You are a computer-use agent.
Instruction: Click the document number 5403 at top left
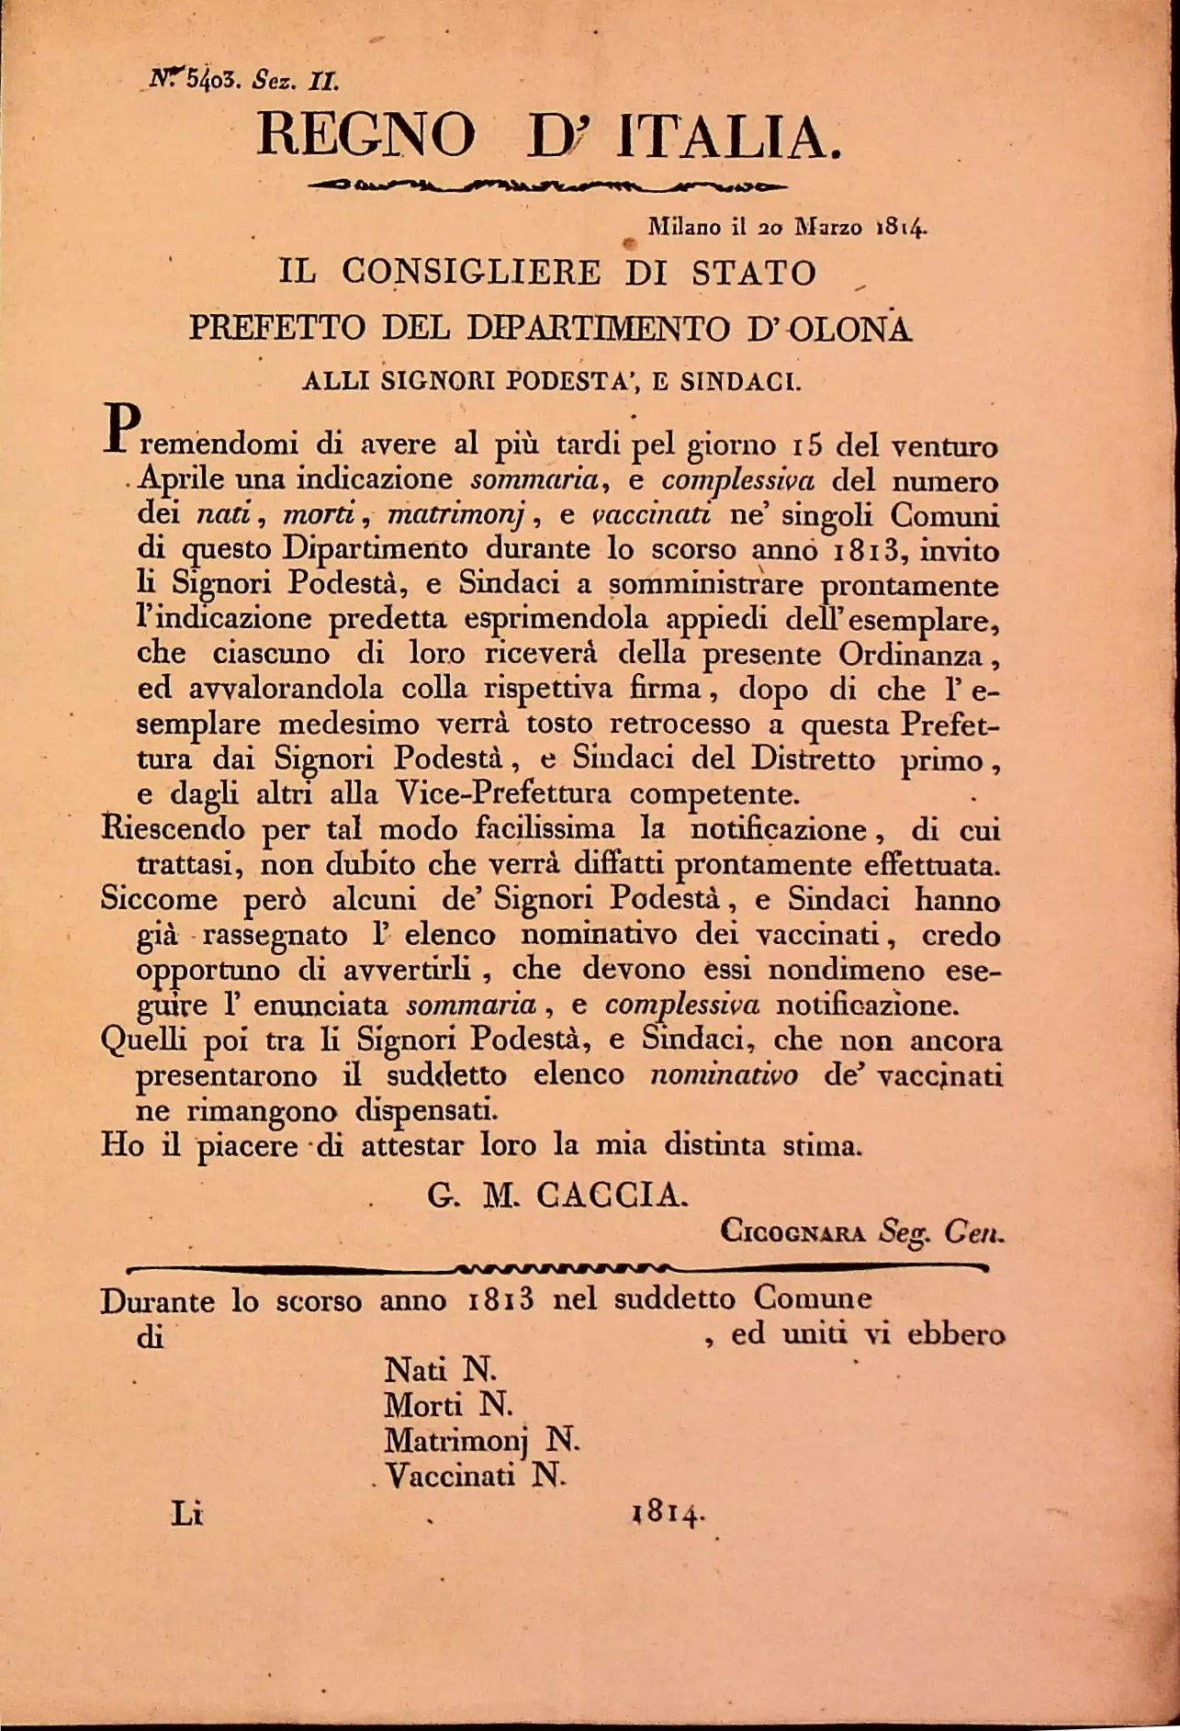tap(211, 80)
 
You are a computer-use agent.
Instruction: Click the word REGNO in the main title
tap(365, 135)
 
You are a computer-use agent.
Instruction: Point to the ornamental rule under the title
tap(547, 186)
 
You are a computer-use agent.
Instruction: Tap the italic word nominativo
tap(724, 1075)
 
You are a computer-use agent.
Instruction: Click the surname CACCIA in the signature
tap(610, 1195)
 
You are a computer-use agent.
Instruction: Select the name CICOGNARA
tap(792, 1231)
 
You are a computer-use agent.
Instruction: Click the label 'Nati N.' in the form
tap(440, 1370)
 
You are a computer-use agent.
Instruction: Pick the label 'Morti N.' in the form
tap(447, 1405)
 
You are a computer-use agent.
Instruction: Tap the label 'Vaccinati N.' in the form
tap(476, 1476)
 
